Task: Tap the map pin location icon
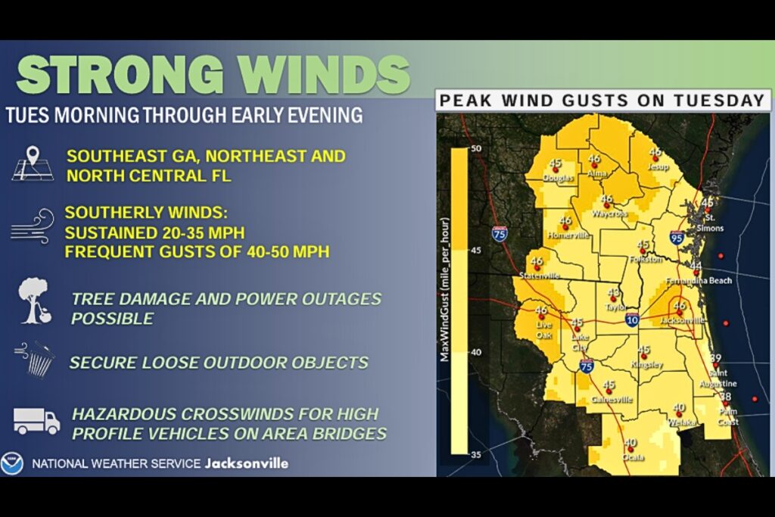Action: coord(33,164)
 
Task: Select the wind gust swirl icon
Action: coord(32,225)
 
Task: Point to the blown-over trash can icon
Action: coord(35,358)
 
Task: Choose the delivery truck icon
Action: coord(36,421)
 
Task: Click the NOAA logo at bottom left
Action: coord(12,463)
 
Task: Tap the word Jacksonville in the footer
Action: coord(246,463)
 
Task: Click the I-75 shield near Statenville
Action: coord(500,234)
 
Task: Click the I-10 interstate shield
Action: coord(631,319)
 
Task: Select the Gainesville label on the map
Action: coord(612,399)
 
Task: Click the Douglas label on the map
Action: coord(558,179)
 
